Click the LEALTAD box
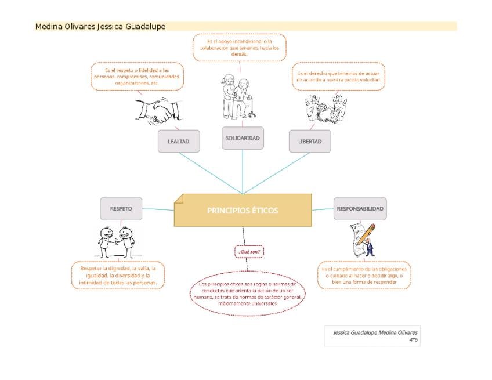179,141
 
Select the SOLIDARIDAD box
243,138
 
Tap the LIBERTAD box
310,141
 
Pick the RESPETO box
121,208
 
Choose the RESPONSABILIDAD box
360,208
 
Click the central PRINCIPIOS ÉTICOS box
243,210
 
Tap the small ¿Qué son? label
249,252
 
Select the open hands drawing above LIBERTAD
326,108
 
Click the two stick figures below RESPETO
116,241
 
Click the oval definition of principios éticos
248,294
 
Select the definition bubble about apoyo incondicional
240,48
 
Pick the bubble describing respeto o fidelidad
137,77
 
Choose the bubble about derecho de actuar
339,77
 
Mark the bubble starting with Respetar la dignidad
118,276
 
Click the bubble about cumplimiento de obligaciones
364,276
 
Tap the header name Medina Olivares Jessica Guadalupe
100,27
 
